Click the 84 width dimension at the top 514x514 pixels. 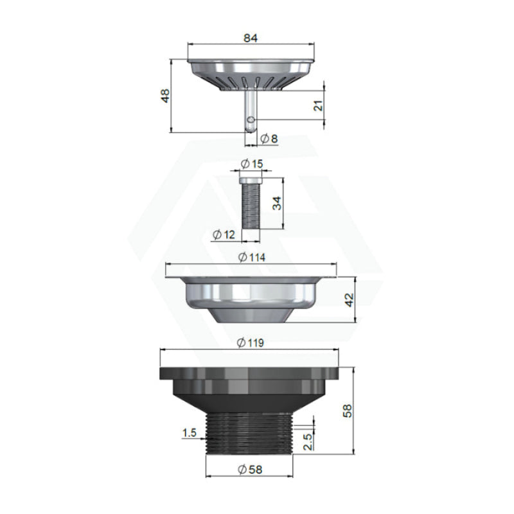[251, 38]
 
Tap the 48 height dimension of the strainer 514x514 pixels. [166, 96]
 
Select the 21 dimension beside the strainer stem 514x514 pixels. [319, 105]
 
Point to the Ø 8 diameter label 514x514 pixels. [269, 139]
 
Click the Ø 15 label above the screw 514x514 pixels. [252, 164]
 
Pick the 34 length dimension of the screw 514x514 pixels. [278, 203]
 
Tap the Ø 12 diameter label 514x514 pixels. [224, 235]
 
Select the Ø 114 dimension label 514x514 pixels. [252, 258]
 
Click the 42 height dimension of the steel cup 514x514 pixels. [350, 299]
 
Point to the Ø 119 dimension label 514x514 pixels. [251, 343]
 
